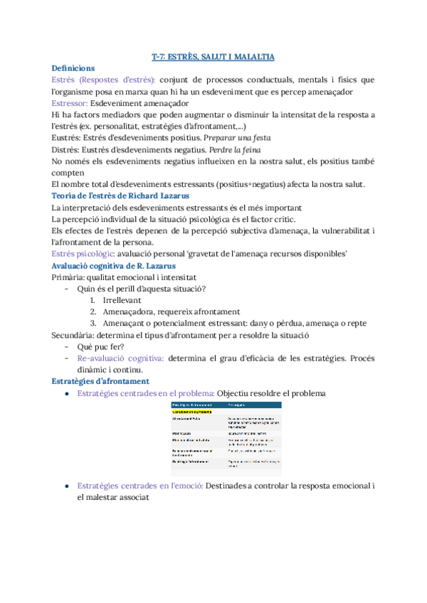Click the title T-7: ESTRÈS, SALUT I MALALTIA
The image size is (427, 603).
point(213,56)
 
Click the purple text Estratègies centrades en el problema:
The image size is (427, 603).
point(145,393)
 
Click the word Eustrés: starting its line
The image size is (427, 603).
point(68,137)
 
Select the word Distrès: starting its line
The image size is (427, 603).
point(68,149)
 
